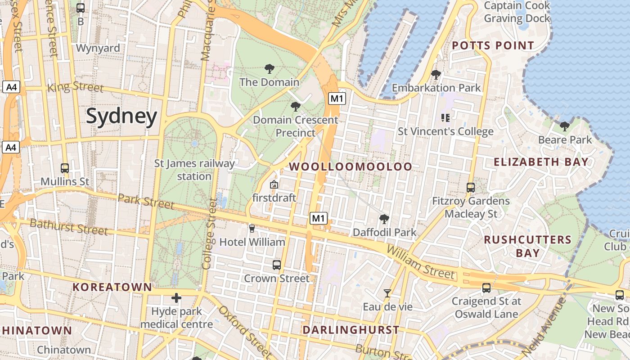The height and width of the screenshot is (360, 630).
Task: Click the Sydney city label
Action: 121,116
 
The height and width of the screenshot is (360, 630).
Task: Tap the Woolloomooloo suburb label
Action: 351,166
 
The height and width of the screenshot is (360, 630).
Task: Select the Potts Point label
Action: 493,45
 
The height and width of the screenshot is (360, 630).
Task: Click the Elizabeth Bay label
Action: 541,162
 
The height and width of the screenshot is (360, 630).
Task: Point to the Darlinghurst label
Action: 351,330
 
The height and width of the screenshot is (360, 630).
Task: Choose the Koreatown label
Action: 112,287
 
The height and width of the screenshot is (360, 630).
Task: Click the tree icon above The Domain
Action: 270,69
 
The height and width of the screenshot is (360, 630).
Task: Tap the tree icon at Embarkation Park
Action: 436,75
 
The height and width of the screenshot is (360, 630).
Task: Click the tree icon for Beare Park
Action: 565,126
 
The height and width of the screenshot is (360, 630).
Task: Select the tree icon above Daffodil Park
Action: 384,219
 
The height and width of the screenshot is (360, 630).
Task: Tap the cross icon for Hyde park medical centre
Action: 176,298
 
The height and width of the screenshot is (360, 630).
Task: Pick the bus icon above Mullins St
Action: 65,168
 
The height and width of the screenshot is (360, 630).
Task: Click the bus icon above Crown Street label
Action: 277,265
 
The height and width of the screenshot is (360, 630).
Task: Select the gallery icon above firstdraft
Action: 274,184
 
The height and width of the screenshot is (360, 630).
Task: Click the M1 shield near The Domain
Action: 337,99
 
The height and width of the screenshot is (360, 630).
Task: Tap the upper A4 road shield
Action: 11,87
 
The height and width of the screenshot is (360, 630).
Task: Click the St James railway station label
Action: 194,170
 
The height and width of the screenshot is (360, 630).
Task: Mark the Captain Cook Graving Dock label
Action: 517,12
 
